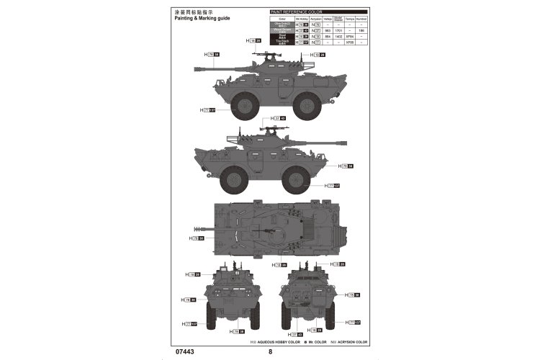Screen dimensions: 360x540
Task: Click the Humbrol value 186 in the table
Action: tap(361, 31)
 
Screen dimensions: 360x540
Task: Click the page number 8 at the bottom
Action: tap(270, 353)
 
